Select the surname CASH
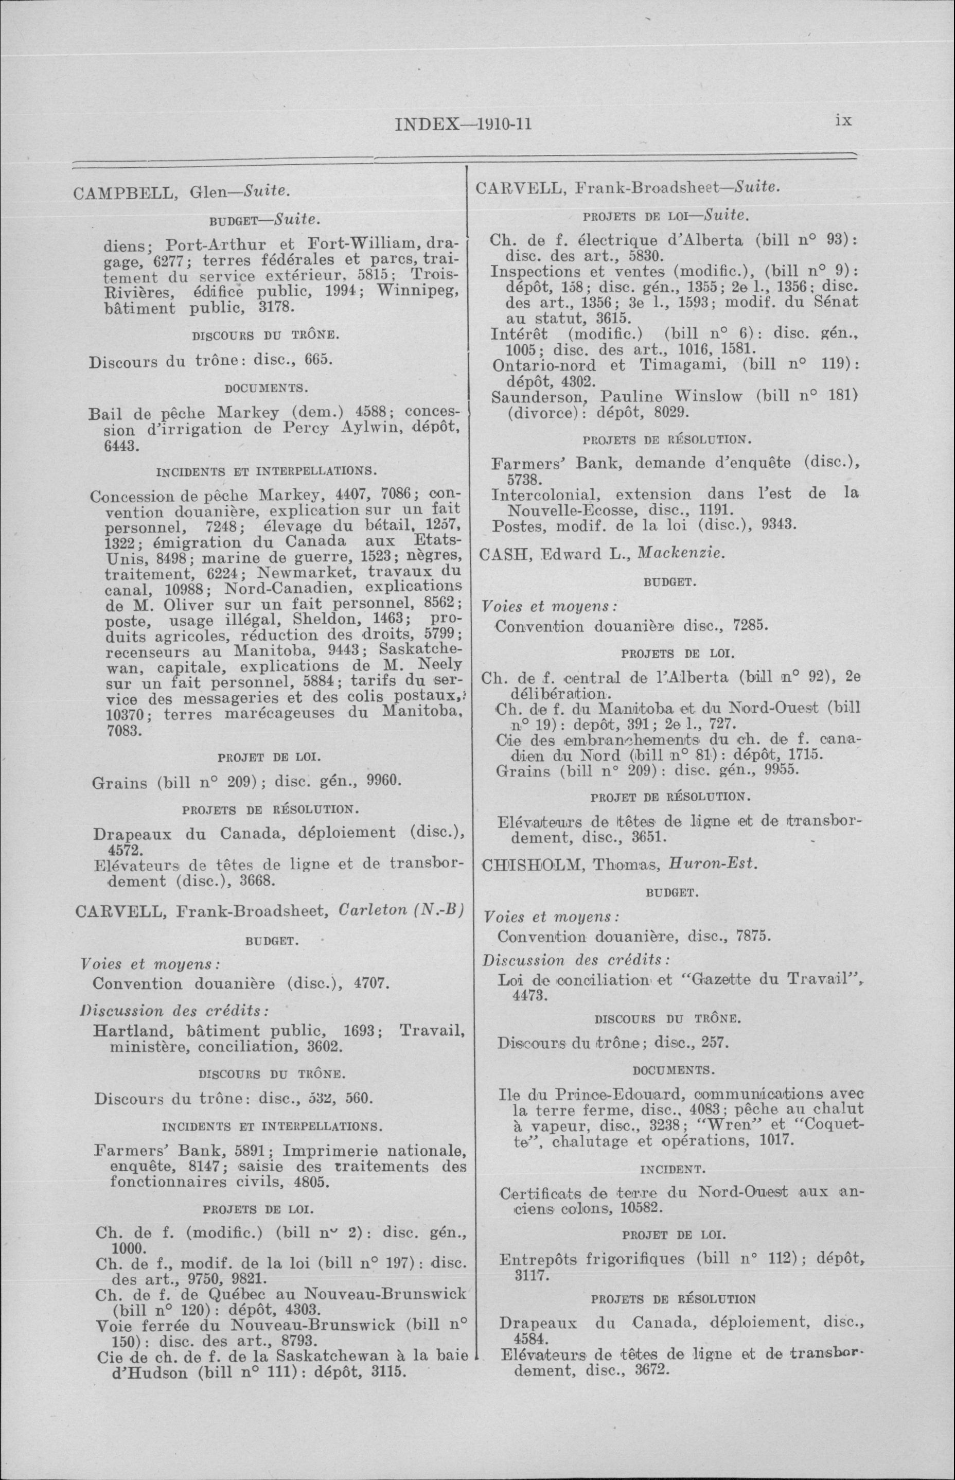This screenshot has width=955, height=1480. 502,554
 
